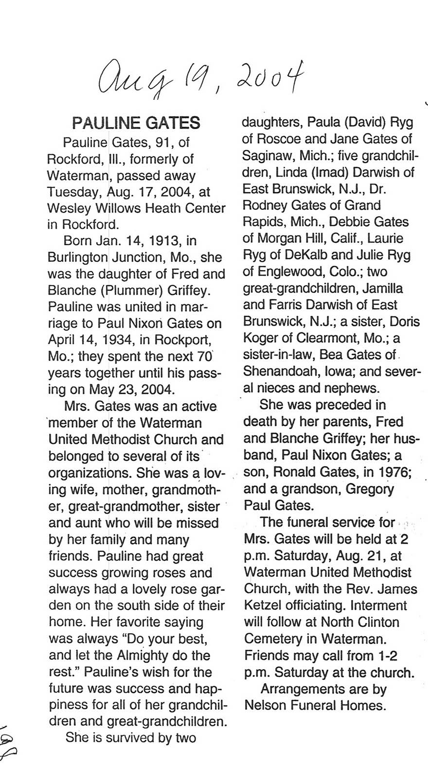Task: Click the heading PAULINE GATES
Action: point(136,123)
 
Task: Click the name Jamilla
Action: point(381,288)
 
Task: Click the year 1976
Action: point(394,472)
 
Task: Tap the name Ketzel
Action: point(266,606)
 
